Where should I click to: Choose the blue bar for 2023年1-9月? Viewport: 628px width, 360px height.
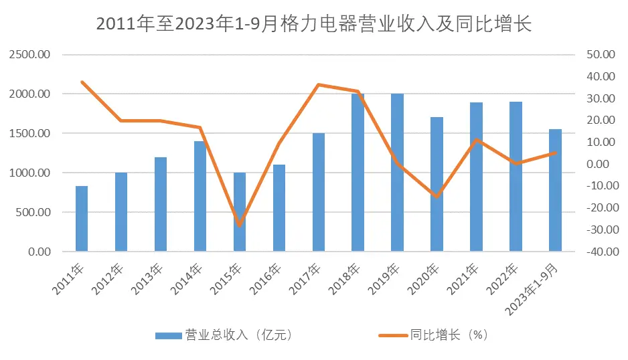point(555,191)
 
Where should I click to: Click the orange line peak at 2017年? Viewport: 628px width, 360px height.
point(318,85)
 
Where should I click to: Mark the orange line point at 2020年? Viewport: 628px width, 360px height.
point(437,197)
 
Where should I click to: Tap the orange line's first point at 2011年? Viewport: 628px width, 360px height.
point(82,82)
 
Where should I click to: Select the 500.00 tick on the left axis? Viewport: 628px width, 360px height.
point(33,213)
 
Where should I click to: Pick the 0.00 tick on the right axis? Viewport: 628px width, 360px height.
point(601,164)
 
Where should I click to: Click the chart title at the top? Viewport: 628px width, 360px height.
point(313,24)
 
